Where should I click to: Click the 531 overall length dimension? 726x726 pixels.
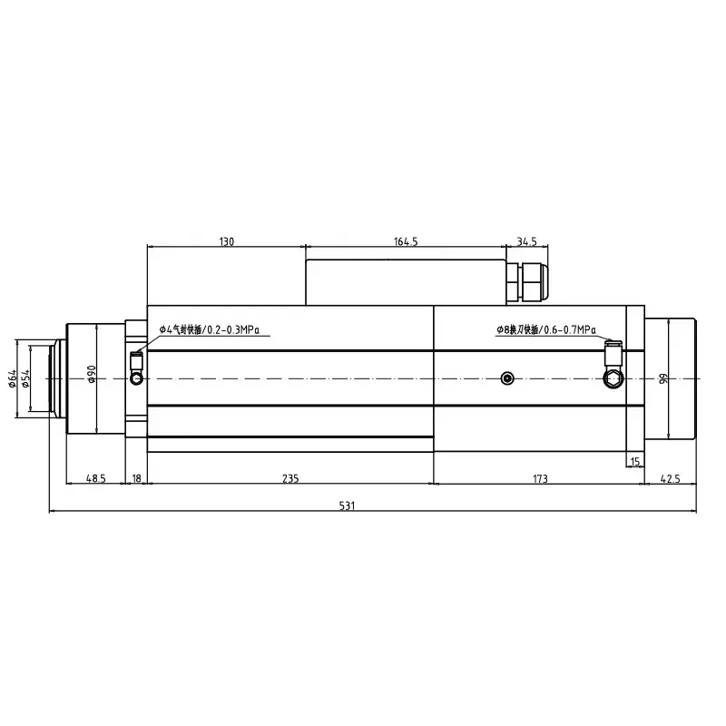[x=346, y=505]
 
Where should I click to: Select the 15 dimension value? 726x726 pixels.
[x=634, y=462]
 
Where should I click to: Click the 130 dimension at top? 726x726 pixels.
[x=226, y=241]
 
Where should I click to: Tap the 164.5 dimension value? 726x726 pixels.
[x=406, y=241]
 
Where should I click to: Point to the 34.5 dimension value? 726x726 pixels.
[x=526, y=241]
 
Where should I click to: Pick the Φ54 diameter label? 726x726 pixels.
[x=27, y=378]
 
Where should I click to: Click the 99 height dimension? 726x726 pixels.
[x=663, y=378]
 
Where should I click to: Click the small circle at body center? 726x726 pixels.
[x=506, y=378]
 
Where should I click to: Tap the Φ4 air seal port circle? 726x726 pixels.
[x=137, y=377]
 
